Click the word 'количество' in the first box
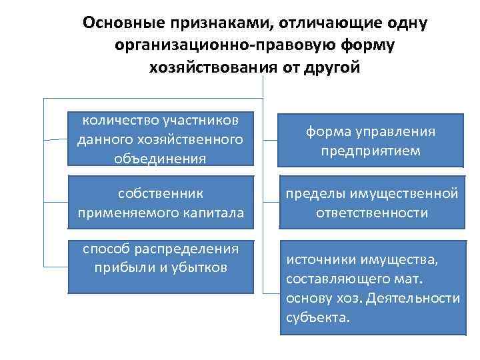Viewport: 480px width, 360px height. tap(119, 120)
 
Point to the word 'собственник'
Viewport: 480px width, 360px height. tap(160, 193)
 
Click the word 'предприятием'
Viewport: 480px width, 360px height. tap(371, 151)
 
